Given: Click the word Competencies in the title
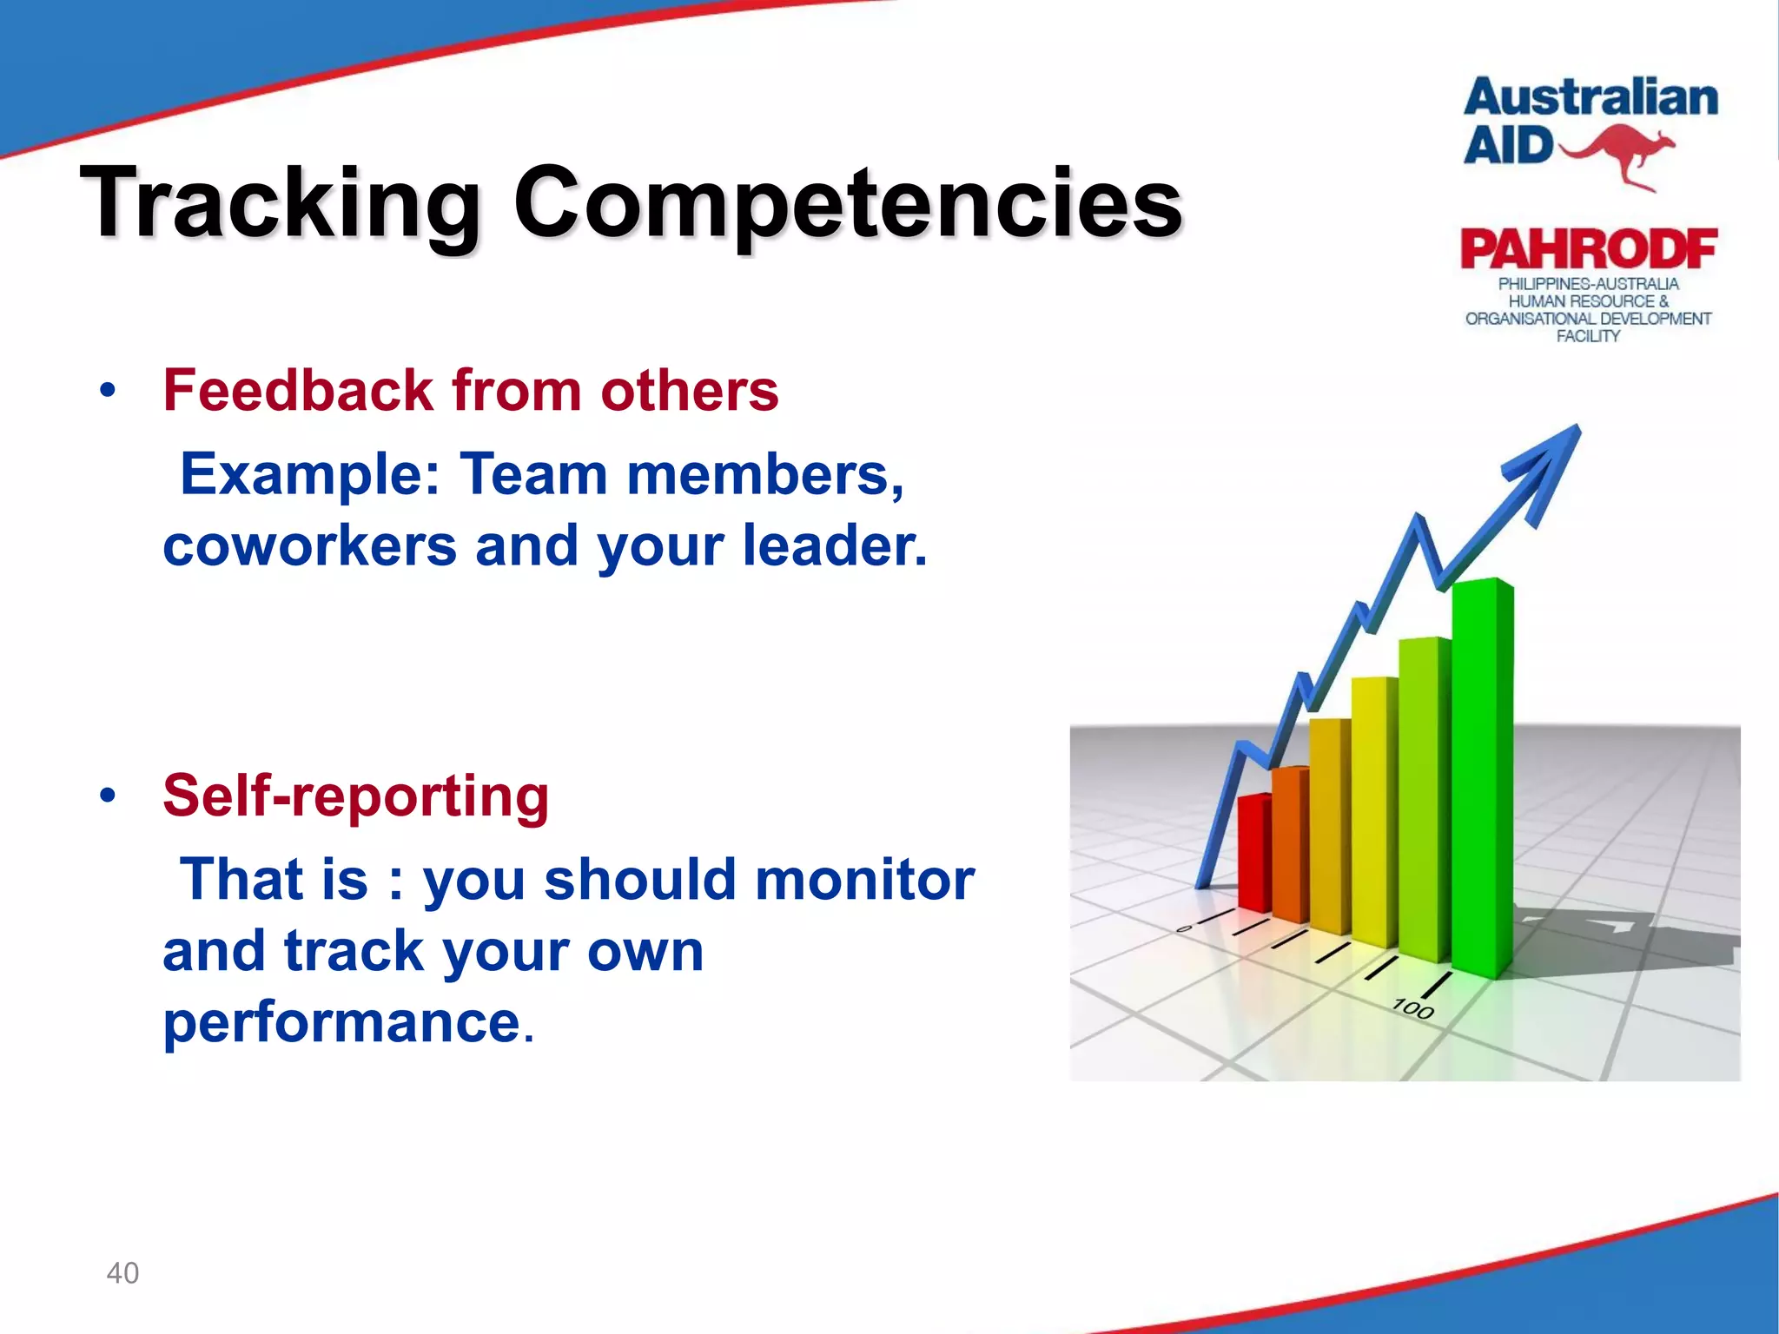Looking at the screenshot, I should (x=847, y=204).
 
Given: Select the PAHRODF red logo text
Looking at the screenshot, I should (x=1588, y=250).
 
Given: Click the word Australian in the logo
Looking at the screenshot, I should (x=1591, y=97).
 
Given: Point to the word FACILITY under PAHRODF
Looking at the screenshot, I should (x=1588, y=336).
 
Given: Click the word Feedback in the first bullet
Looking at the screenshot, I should (x=297, y=390).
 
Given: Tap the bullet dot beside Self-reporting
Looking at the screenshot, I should (x=107, y=796).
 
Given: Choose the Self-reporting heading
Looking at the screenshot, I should (x=355, y=796).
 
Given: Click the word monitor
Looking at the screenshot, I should (x=864, y=879).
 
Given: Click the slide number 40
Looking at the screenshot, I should (x=122, y=1273).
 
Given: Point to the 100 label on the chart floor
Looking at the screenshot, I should (x=1413, y=1009).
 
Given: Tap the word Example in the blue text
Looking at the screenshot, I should (x=308, y=474).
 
